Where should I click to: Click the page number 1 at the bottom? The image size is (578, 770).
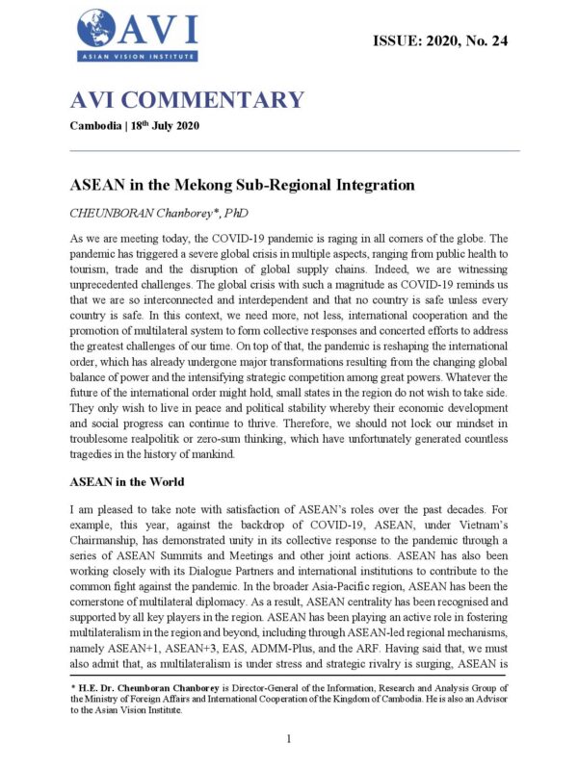289,737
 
